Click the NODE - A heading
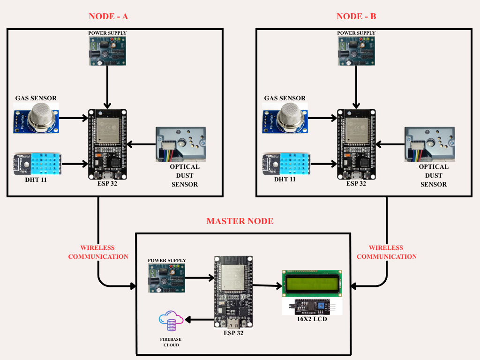(x=108, y=16)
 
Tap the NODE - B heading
(x=356, y=16)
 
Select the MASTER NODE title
(x=240, y=221)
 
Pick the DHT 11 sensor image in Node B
(x=285, y=164)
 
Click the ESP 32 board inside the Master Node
(x=232, y=292)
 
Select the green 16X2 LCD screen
(x=311, y=283)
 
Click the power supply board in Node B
(x=356, y=51)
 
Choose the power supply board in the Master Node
(x=166, y=277)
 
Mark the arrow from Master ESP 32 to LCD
(x=267, y=285)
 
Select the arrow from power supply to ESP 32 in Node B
(x=357, y=87)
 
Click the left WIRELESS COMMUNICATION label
(x=98, y=252)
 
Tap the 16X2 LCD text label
(x=312, y=320)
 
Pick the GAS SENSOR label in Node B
(x=285, y=98)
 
